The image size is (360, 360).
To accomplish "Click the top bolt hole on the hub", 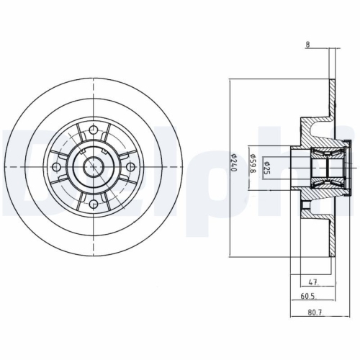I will [95, 131].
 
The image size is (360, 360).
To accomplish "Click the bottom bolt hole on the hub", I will [95, 202].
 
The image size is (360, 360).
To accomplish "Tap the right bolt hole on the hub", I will [130, 166].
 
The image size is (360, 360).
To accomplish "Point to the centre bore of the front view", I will [95, 166].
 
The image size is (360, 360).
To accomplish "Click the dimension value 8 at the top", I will [307, 45].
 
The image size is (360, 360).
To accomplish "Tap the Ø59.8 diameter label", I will [251, 166].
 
